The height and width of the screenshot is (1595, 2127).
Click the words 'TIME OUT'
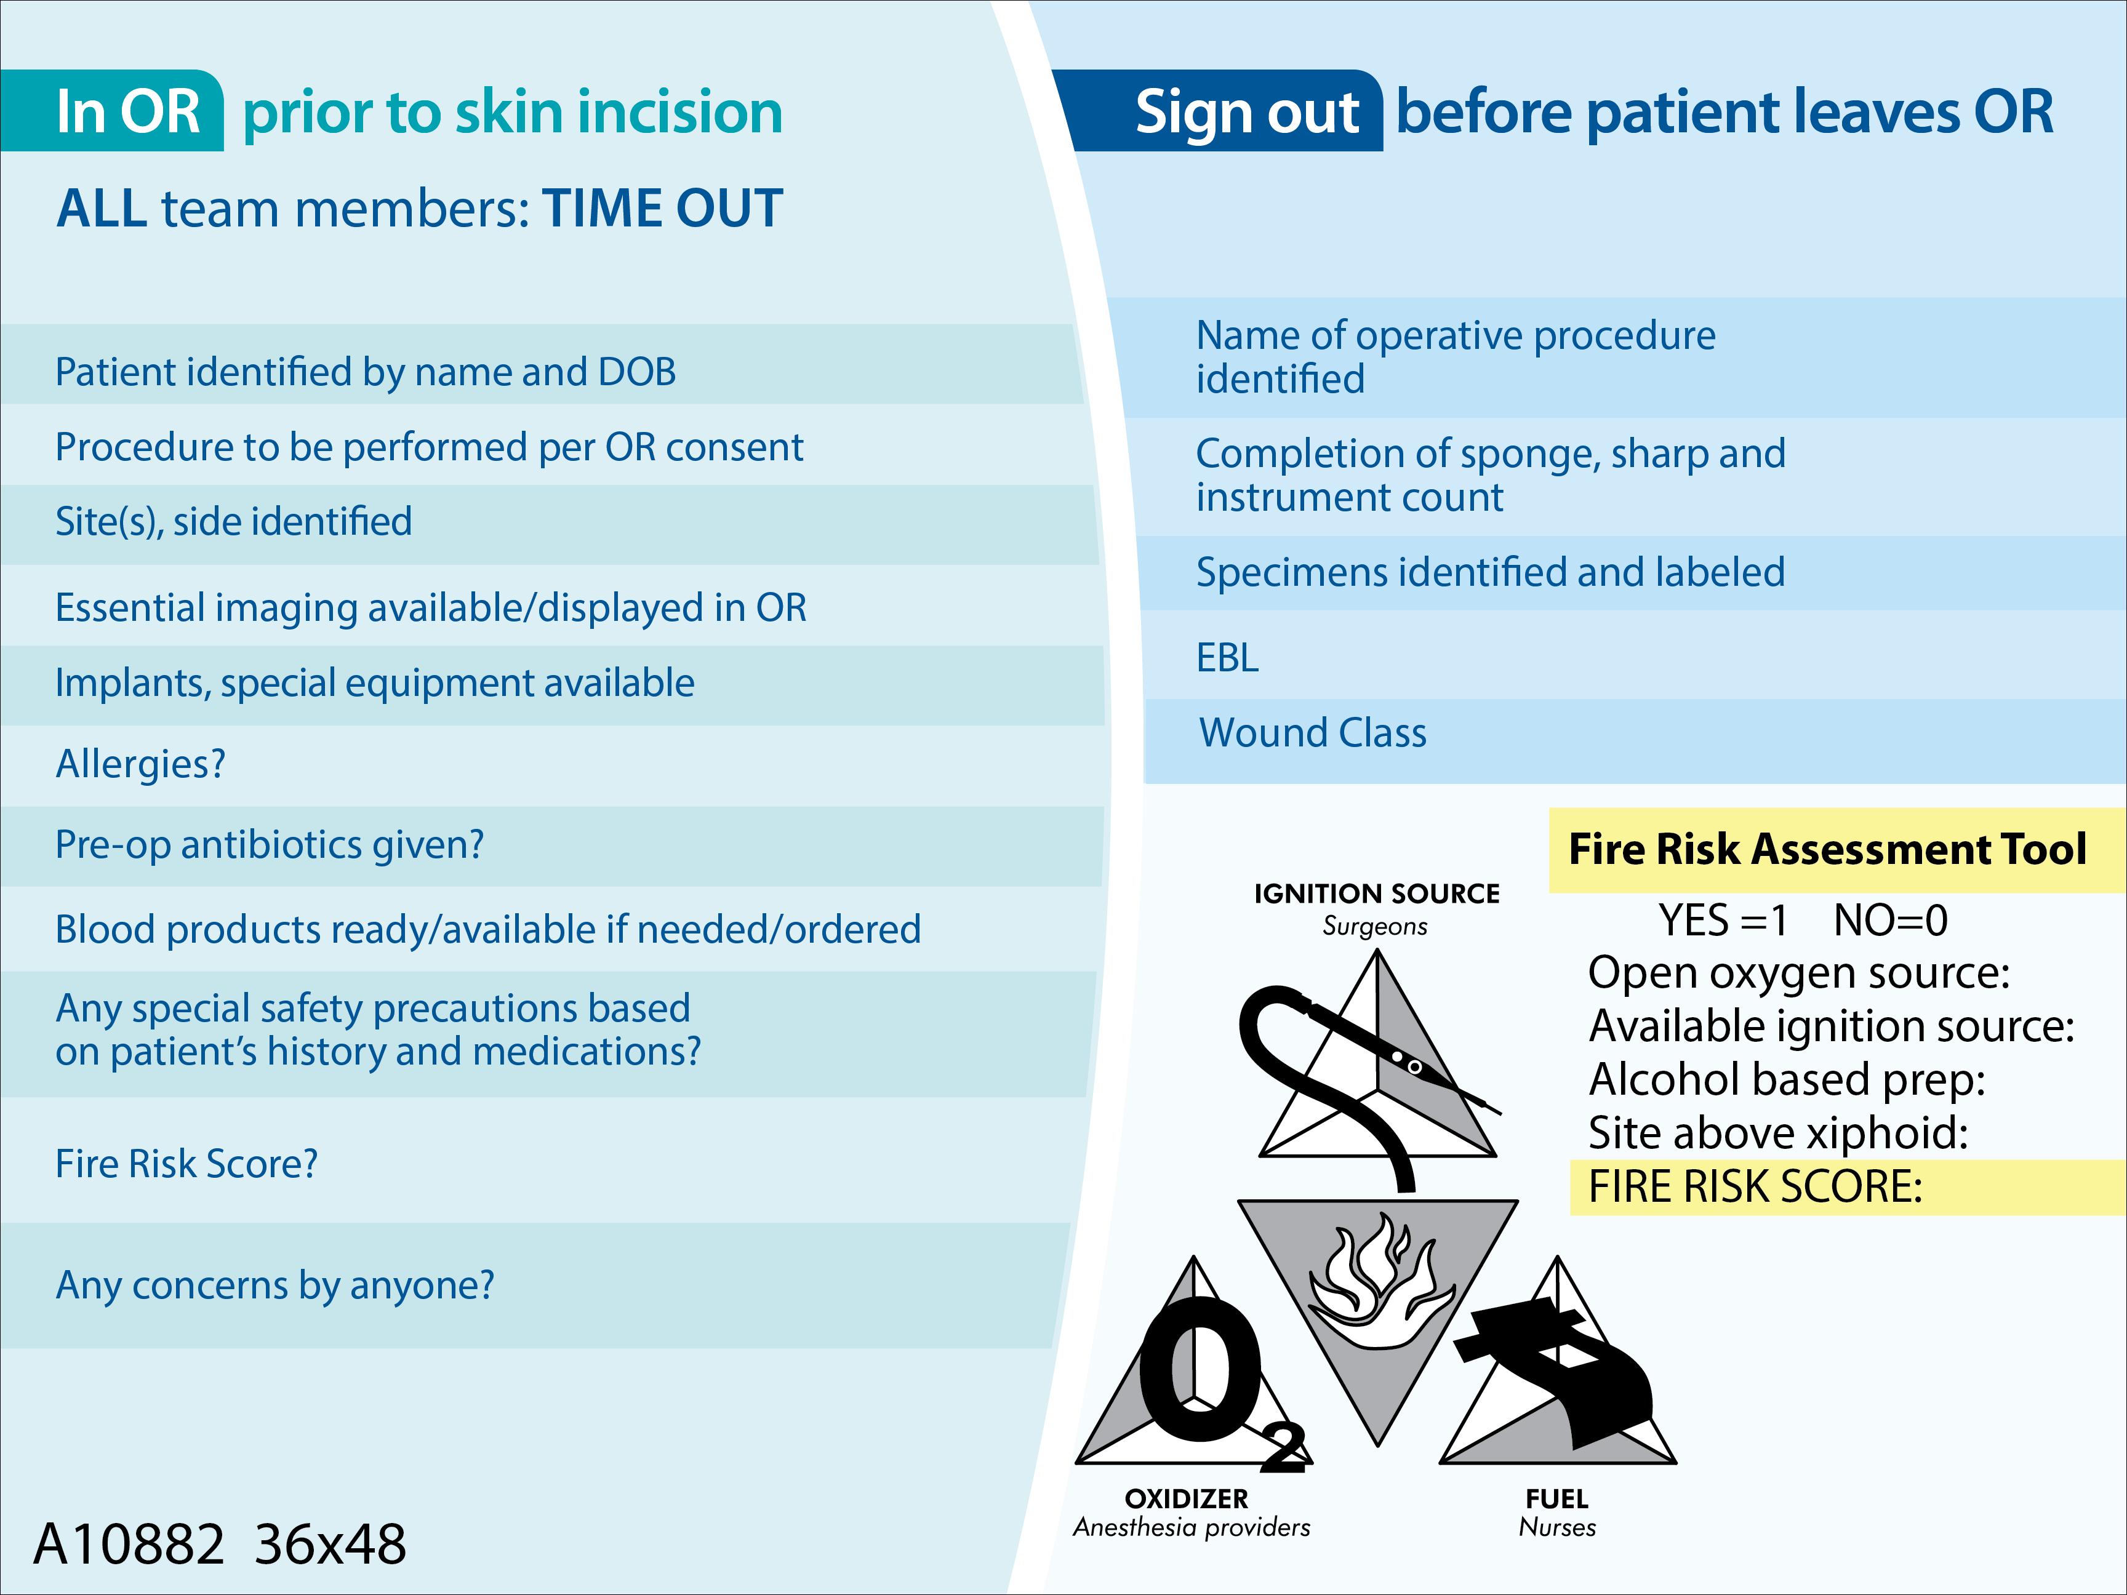pyautogui.click(x=662, y=209)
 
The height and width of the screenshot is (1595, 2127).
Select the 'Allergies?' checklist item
pyautogui.click(x=140, y=764)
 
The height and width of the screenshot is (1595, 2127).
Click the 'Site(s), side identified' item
pyautogui.click(x=234, y=522)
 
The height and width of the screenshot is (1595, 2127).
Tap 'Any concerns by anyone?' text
pyautogui.click(x=275, y=1285)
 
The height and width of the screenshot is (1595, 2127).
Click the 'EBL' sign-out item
pyautogui.click(x=1227, y=658)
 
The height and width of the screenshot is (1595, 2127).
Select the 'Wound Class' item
pyautogui.click(x=1313, y=734)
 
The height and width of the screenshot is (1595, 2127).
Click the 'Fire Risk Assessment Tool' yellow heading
pyautogui.click(x=1827, y=850)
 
